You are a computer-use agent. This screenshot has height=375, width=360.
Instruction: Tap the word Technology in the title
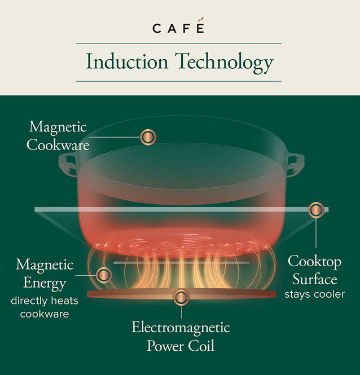tap(225, 63)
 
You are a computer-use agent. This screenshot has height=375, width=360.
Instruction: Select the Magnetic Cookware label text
tap(59, 135)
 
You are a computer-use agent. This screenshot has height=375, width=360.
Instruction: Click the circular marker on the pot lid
tap(148, 136)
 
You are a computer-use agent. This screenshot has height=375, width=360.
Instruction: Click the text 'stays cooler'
tap(314, 294)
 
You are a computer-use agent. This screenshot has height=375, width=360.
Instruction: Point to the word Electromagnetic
tap(181, 328)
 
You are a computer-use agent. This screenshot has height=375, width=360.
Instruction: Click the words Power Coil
tap(181, 346)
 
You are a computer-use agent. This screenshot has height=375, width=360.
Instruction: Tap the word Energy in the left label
tap(45, 283)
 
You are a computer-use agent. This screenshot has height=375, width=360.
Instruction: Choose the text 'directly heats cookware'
tap(44, 307)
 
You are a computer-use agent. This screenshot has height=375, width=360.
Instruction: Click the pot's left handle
tap(68, 165)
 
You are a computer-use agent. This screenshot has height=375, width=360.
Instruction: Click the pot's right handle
tap(295, 165)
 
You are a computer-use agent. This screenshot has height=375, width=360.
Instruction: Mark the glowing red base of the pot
tap(181, 237)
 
